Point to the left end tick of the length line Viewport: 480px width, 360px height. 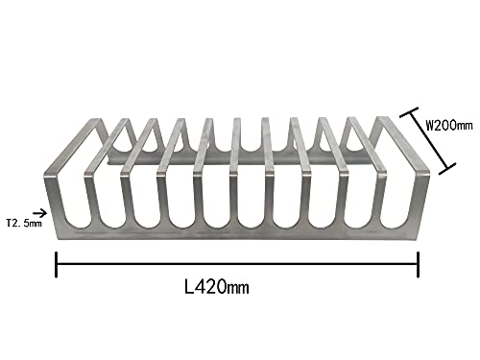click(57, 263)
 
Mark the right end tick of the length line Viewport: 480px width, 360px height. click(418, 263)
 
